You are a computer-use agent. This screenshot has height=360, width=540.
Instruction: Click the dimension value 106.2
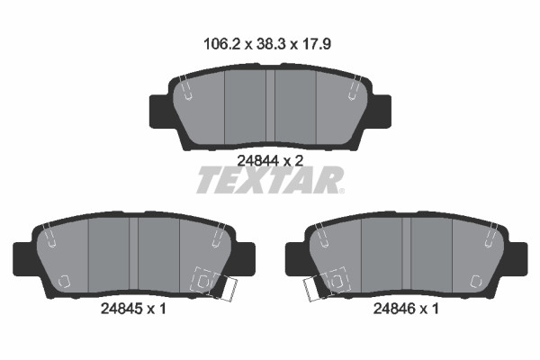point(221,44)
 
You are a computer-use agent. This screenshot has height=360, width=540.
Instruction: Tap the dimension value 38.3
point(272,44)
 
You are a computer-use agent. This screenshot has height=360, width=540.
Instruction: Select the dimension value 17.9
point(317,44)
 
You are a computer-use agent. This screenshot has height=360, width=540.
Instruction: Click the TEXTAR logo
point(270,180)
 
